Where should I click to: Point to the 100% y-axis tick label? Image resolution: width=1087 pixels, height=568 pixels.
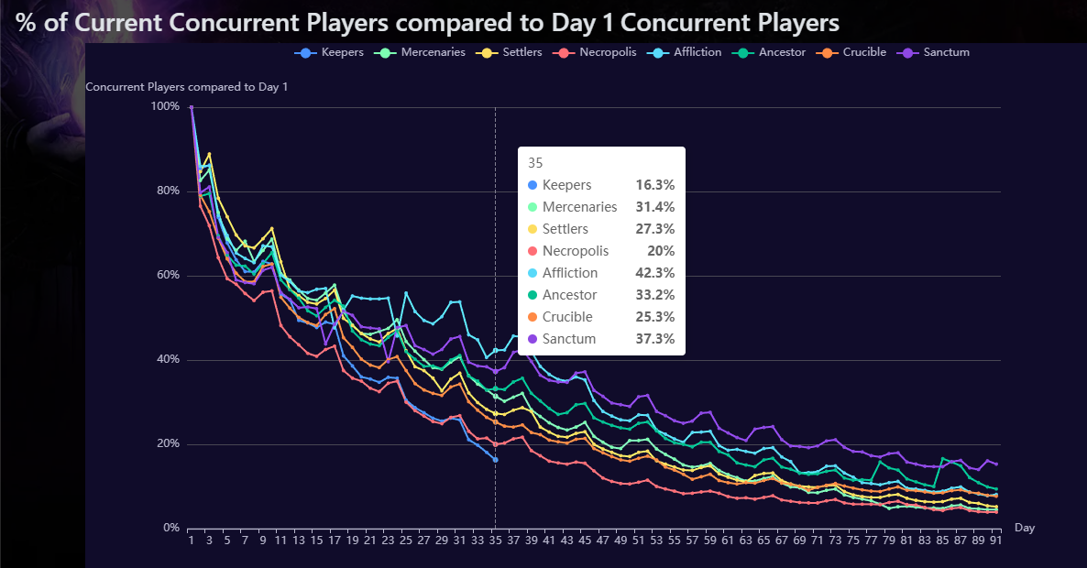click(x=165, y=107)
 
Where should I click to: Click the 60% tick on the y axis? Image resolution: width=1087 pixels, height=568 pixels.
click(x=168, y=276)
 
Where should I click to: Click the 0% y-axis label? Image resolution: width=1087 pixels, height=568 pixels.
click(x=170, y=529)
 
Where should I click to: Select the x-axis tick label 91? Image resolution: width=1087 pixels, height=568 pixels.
click(x=994, y=541)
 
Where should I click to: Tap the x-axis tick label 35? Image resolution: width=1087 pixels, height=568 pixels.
click(x=494, y=541)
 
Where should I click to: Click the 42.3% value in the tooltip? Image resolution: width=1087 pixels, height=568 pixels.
click(x=654, y=273)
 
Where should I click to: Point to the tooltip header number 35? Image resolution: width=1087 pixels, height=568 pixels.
click(x=535, y=163)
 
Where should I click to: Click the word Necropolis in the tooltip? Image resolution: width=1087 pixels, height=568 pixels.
click(x=576, y=251)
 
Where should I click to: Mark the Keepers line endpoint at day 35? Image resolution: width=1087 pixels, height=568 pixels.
click(x=495, y=459)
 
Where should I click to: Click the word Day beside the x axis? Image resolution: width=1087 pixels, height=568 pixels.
click(x=1025, y=529)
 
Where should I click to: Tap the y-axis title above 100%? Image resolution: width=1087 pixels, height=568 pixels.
click(x=186, y=87)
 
